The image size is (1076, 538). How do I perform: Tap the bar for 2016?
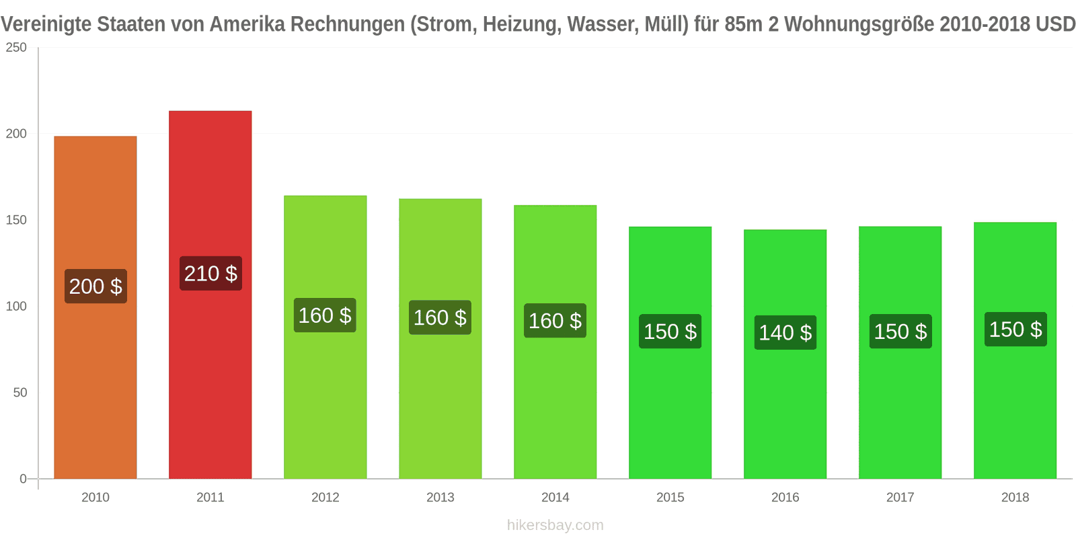coord(785,403)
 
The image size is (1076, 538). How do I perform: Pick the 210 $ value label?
coord(210,274)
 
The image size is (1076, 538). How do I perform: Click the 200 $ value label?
coord(95,286)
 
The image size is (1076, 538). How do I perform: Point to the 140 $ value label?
coord(785,333)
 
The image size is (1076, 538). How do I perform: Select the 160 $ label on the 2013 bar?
coord(440,317)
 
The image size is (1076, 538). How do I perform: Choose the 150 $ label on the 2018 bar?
coord(1015,330)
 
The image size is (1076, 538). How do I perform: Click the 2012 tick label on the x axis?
coord(325,498)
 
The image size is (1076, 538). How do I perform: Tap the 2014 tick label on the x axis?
coord(555,498)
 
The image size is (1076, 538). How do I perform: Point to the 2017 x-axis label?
coord(900,498)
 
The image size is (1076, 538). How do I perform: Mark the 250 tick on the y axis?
coord(16,48)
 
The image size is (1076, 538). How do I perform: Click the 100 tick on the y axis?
coord(16,307)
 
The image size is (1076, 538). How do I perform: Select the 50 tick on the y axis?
coord(20,393)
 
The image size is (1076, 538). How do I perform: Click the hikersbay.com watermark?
coord(555,525)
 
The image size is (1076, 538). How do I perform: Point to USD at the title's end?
coord(1055,24)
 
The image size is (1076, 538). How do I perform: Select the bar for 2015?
coord(670,403)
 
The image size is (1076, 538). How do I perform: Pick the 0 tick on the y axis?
coord(23,479)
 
